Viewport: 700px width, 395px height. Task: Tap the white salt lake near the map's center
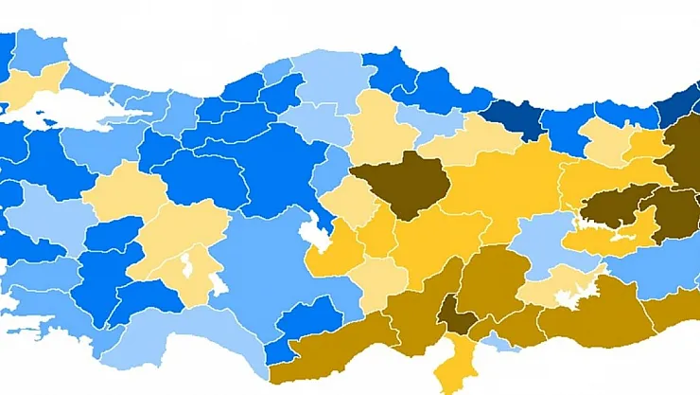tap(313, 233)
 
